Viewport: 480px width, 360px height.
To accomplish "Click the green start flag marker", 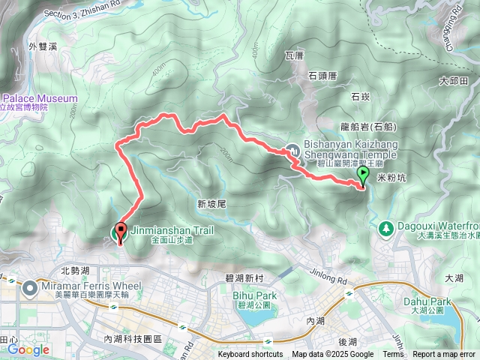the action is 364,175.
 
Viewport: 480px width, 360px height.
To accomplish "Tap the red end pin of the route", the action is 119,232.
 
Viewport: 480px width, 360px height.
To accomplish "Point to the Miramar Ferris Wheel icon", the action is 30,287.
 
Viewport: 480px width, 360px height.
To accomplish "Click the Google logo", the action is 28,349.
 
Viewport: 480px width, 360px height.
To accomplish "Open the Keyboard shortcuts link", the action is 250,355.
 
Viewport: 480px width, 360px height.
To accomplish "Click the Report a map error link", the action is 444,355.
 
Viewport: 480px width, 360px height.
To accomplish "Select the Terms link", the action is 393,355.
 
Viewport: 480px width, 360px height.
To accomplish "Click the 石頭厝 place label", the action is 323,75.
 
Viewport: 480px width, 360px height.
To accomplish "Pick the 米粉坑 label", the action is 391,178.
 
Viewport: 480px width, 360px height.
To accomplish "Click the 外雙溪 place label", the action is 43,46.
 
